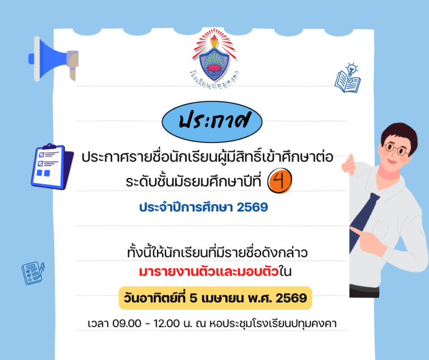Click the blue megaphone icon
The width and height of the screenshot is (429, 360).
point(53,58)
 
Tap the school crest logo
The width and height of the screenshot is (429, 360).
point(214,55)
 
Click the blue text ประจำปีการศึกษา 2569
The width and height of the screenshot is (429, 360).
point(203,207)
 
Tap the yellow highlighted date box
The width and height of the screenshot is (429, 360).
point(215,298)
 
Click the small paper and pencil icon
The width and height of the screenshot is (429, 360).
point(33,273)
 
